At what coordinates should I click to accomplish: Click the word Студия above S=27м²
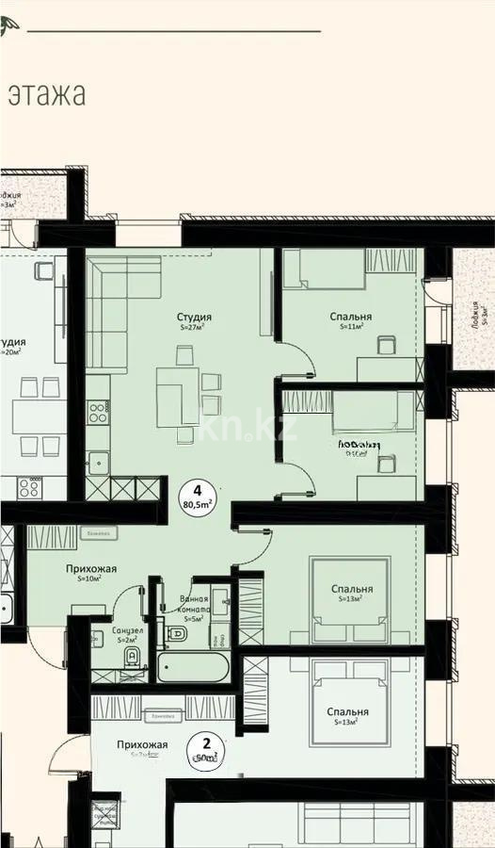[194, 318]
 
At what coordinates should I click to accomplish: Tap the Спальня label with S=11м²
[351, 318]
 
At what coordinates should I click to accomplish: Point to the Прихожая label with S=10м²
[91, 569]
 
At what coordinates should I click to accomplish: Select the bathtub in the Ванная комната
[193, 668]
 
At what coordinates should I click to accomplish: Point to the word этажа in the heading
[47, 94]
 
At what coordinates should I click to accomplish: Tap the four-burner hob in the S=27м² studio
[98, 412]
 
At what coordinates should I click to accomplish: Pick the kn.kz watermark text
[248, 429]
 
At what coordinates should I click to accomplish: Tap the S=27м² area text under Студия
[193, 329]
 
